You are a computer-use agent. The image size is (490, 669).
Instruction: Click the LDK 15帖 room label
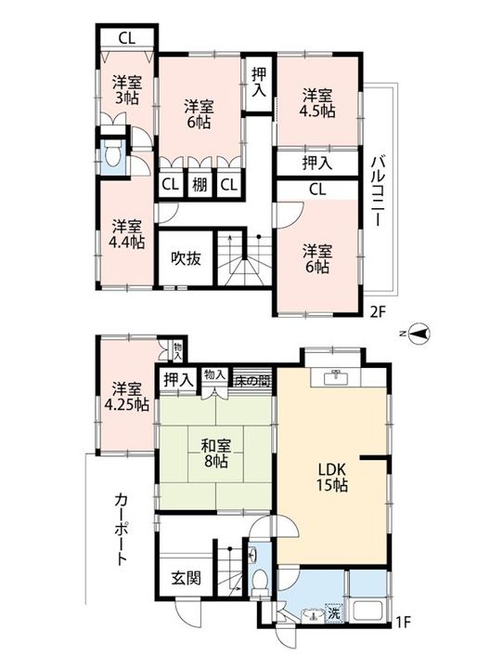click(331, 477)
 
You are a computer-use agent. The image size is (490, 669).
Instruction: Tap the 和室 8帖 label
click(215, 453)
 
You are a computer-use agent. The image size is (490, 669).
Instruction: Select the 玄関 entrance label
click(186, 578)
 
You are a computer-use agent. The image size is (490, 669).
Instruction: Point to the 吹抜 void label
click(186, 257)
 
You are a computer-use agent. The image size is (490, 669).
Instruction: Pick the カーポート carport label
click(122, 529)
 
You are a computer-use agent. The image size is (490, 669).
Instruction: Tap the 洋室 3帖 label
click(127, 90)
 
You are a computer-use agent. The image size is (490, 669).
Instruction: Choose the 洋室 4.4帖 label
click(127, 234)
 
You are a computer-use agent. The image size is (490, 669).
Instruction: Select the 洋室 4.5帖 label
click(318, 103)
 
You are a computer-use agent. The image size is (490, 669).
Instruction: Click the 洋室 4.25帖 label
click(127, 397)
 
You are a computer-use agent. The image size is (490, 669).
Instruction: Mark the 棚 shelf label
click(200, 185)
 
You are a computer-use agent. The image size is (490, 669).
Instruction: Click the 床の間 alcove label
click(252, 381)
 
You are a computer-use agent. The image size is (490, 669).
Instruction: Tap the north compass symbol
click(419, 334)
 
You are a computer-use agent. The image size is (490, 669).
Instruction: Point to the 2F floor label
click(378, 312)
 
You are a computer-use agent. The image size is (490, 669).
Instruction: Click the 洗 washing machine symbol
click(334, 613)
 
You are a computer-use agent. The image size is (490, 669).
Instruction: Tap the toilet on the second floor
click(113, 156)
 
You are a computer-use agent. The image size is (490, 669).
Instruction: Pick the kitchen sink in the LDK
click(337, 377)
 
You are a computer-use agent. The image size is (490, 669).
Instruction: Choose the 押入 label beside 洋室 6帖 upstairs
click(259, 82)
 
